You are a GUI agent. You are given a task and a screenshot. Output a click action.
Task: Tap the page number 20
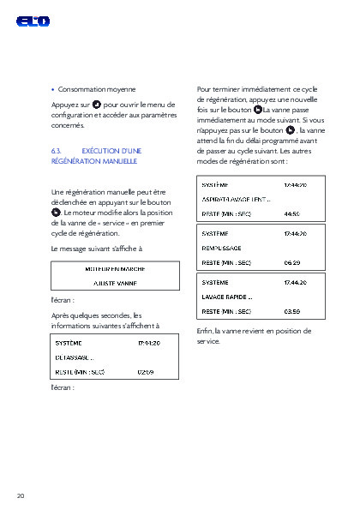pos(21,495)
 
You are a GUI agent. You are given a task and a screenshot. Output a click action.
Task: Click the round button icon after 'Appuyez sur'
pos(97,104)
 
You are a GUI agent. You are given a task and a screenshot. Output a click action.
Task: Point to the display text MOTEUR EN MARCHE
pos(115,268)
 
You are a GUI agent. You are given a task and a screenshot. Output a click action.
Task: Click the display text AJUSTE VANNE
pos(115,282)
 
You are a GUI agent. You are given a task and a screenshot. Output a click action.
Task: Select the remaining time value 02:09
pos(146,373)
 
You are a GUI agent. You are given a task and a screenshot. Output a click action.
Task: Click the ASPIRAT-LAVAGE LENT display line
pos(236,199)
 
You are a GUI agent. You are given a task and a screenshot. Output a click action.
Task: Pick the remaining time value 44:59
pos(291,213)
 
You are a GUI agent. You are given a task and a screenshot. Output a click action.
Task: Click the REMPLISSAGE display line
pos(222,247)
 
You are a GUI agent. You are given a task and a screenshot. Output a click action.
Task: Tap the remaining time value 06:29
pos(291,261)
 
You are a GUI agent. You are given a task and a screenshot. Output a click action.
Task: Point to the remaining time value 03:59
pos(291,310)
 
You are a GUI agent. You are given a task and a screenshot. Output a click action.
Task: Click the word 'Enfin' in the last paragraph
pos(204,330)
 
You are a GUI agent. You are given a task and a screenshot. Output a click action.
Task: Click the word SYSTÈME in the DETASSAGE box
pos(69,343)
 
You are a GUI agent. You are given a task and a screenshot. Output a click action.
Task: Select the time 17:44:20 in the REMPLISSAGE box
pos(295,233)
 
